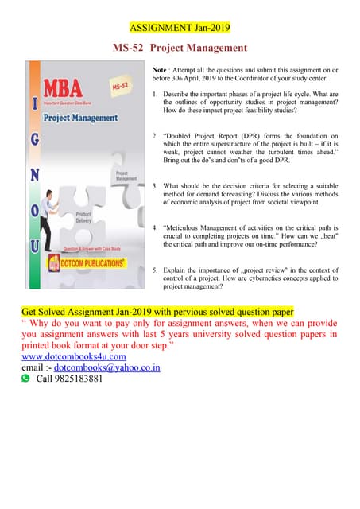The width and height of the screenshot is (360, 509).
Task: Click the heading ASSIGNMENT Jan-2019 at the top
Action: coord(180,28)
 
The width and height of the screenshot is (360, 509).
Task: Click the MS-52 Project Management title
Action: coord(180,48)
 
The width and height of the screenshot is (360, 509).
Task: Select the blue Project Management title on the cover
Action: coord(81,118)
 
